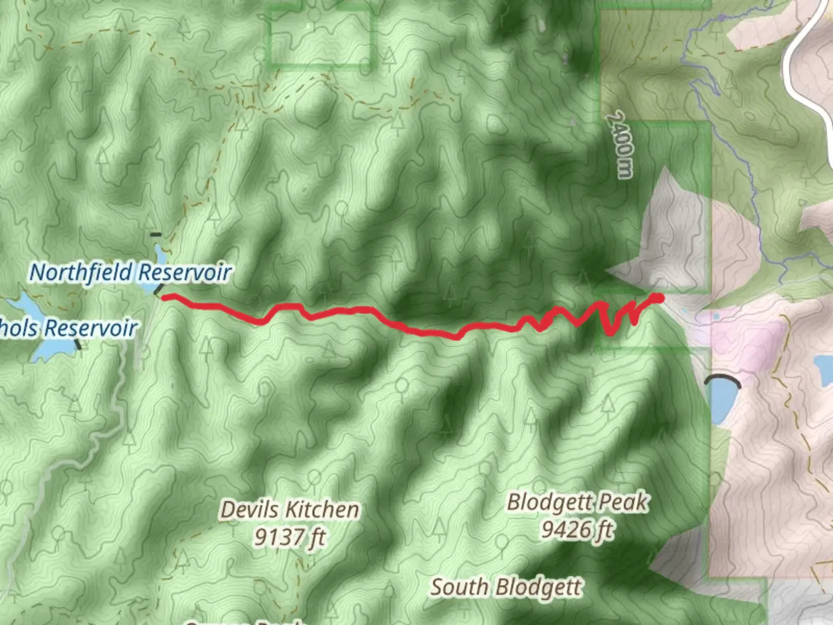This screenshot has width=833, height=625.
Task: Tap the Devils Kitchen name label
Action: click(x=289, y=510)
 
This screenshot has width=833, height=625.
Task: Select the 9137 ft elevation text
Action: click(x=289, y=538)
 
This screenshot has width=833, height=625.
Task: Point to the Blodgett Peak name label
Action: click(x=577, y=502)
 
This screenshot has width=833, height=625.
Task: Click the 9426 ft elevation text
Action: click(x=577, y=529)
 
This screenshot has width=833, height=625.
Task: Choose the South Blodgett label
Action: click(x=506, y=587)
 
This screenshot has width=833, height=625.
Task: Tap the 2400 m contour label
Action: click(x=621, y=145)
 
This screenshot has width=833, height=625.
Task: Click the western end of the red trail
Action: click(x=164, y=297)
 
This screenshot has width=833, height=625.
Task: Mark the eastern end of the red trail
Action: click(x=658, y=297)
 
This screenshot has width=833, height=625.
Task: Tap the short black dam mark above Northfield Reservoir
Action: click(x=155, y=235)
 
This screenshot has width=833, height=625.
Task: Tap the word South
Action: click(x=459, y=587)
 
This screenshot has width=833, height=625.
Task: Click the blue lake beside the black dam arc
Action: click(x=723, y=405)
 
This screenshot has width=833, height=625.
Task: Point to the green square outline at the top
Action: click(x=320, y=35)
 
